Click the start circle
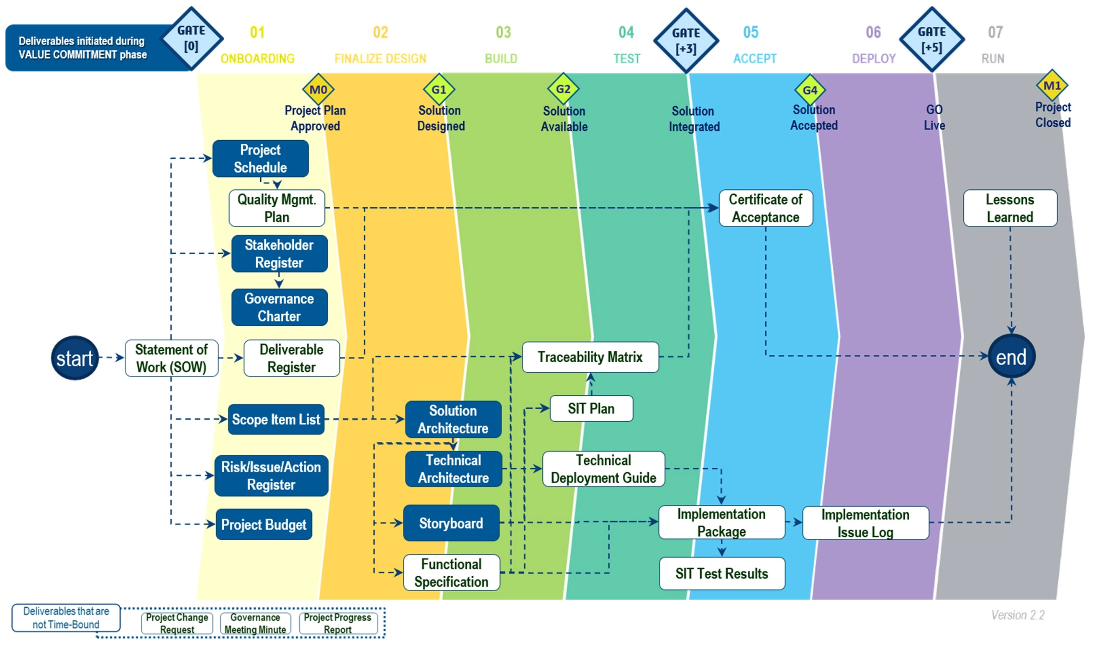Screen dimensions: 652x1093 click(74, 358)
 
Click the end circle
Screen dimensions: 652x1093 click(1011, 356)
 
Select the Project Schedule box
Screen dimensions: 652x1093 click(260, 159)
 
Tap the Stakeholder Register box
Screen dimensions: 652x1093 click(279, 254)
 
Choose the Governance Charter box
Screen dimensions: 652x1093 click(279, 307)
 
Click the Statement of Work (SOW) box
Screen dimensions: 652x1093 click(171, 358)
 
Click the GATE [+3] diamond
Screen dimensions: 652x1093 click(686, 41)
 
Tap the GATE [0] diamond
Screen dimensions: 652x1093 click(191, 39)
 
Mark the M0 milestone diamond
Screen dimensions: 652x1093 click(318, 90)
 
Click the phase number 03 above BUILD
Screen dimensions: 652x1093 click(503, 32)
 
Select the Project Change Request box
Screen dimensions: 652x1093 click(177, 624)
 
